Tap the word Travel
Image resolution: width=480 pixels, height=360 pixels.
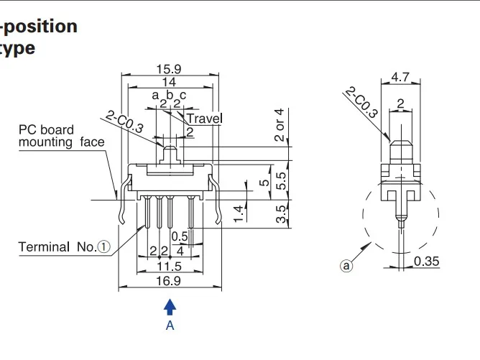[205, 118]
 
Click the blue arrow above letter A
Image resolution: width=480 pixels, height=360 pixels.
[170, 308]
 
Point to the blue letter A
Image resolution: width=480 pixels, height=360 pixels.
[170, 326]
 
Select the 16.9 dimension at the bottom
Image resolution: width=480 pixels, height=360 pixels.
[170, 281]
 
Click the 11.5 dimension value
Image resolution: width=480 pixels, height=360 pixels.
[170, 267]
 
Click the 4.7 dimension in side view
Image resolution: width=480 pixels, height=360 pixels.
[400, 76]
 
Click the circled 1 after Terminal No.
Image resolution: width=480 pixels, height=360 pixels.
[104, 247]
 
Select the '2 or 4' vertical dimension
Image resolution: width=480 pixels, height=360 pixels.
[280, 125]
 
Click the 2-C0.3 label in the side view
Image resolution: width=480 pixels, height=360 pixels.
[361, 102]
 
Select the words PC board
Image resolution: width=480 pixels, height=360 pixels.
[47, 130]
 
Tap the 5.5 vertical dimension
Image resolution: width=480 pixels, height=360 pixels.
[281, 179]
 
